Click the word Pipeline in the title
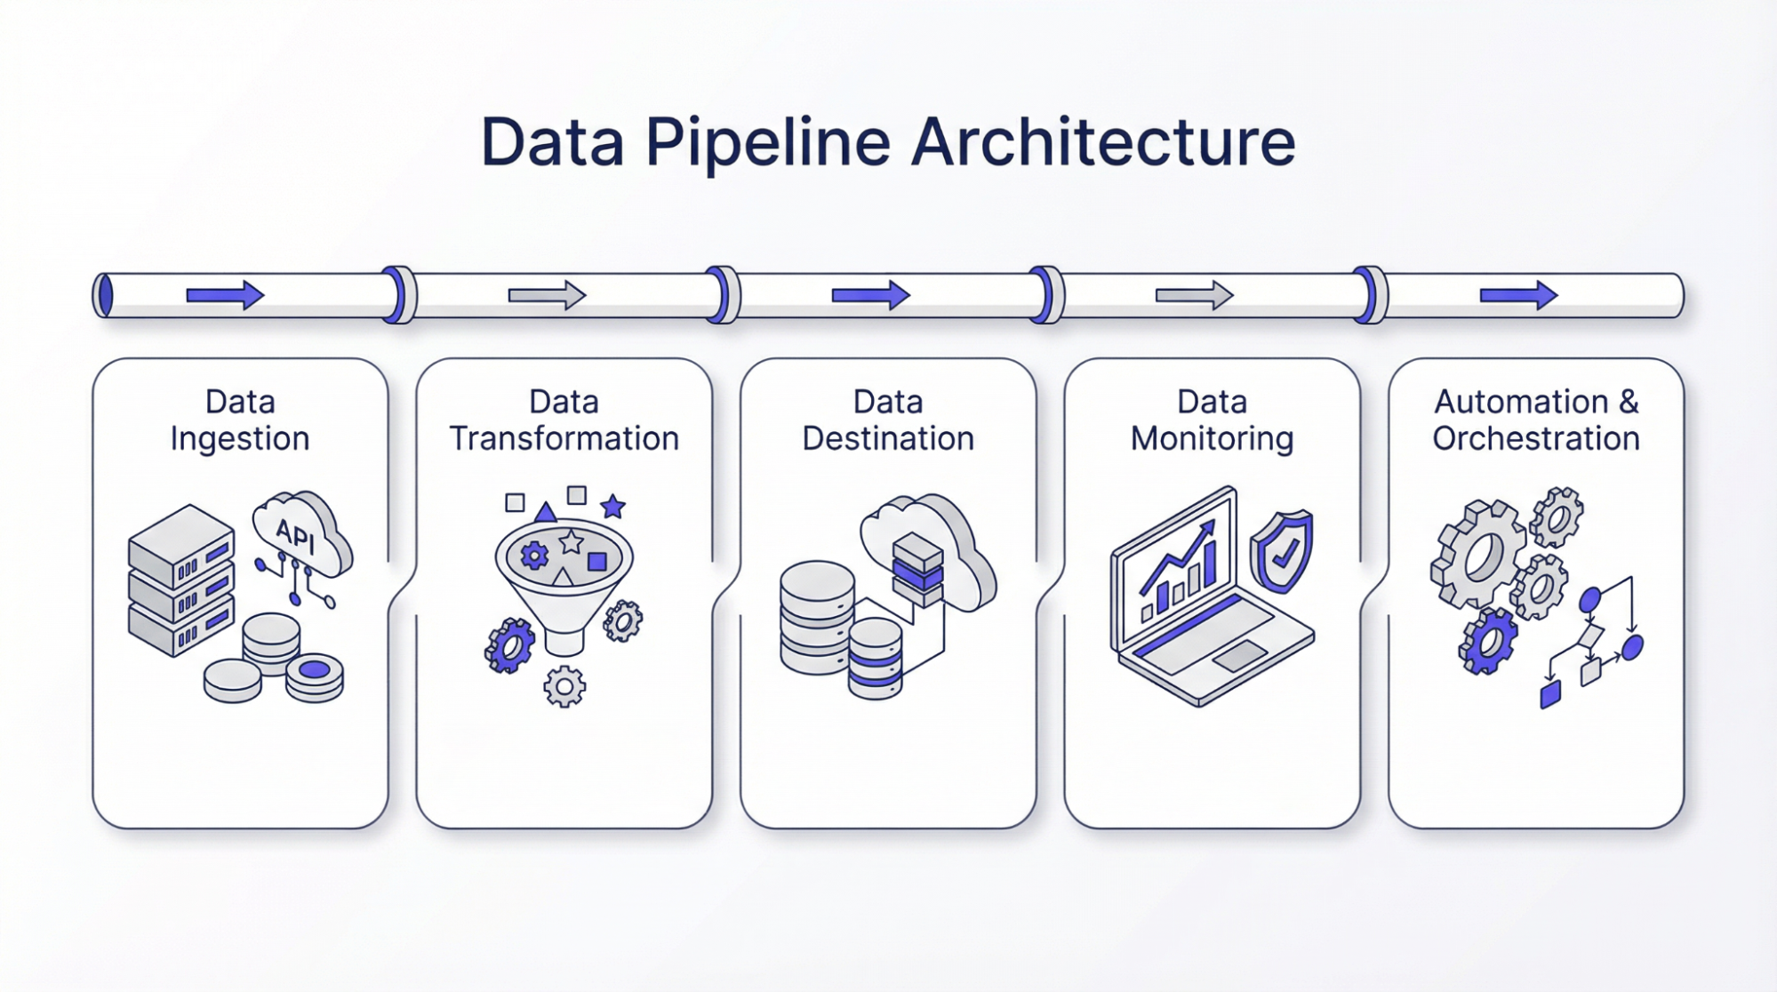point(767,142)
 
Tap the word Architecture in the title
point(1103,142)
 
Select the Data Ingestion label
point(240,420)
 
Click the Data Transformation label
point(564,420)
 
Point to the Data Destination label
point(888,420)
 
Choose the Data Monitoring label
point(1212,420)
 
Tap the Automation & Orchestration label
point(1536,420)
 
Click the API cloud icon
point(300,533)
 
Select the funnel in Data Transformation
point(564,578)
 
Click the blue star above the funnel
point(612,507)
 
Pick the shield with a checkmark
point(1281,552)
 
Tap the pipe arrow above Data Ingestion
point(224,294)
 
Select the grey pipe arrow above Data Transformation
point(547,294)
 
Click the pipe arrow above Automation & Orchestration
point(1518,294)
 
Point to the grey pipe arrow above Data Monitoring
point(1194,294)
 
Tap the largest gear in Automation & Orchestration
point(1477,553)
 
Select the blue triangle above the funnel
point(545,511)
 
